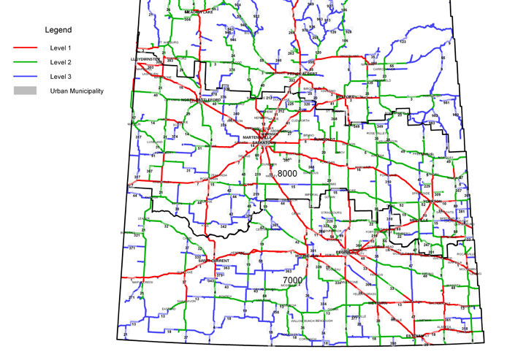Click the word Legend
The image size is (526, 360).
tap(58, 31)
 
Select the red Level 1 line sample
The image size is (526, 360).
tap(25, 48)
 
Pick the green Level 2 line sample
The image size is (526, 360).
tap(25, 62)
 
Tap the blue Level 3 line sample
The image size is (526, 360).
tap(25, 76)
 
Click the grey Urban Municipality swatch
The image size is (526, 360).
tap(25, 91)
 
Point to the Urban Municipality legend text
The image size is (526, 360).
tap(77, 91)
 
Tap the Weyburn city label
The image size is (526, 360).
tap(377, 302)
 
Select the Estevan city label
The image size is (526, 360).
tap(419, 337)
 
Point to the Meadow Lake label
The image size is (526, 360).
tap(197, 12)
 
